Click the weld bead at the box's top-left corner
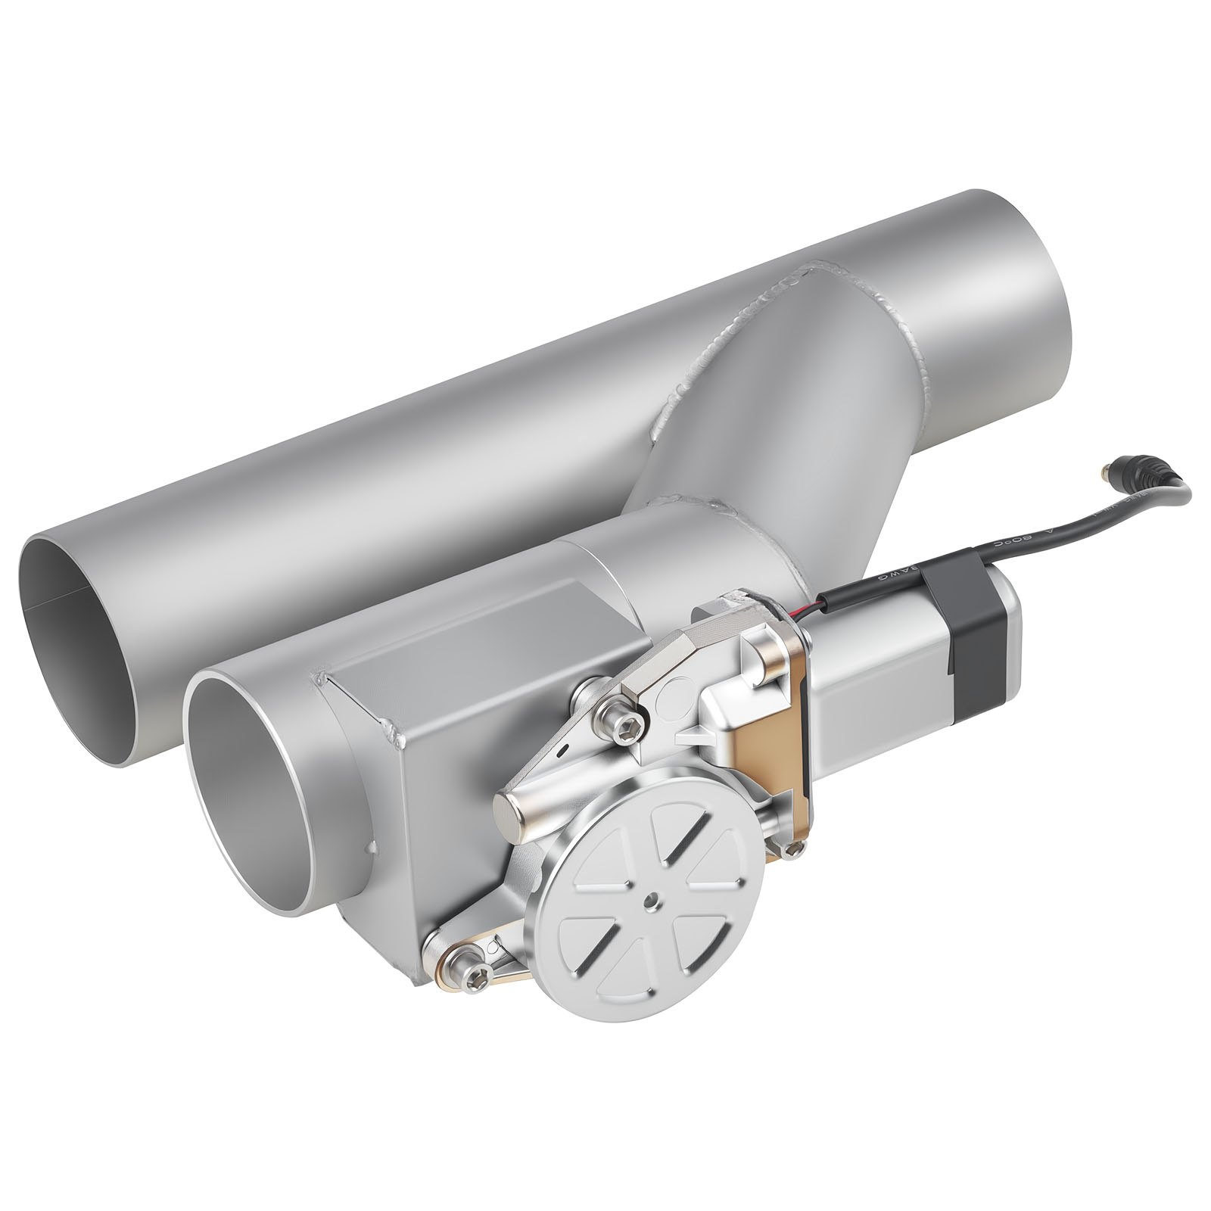(322, 677)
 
